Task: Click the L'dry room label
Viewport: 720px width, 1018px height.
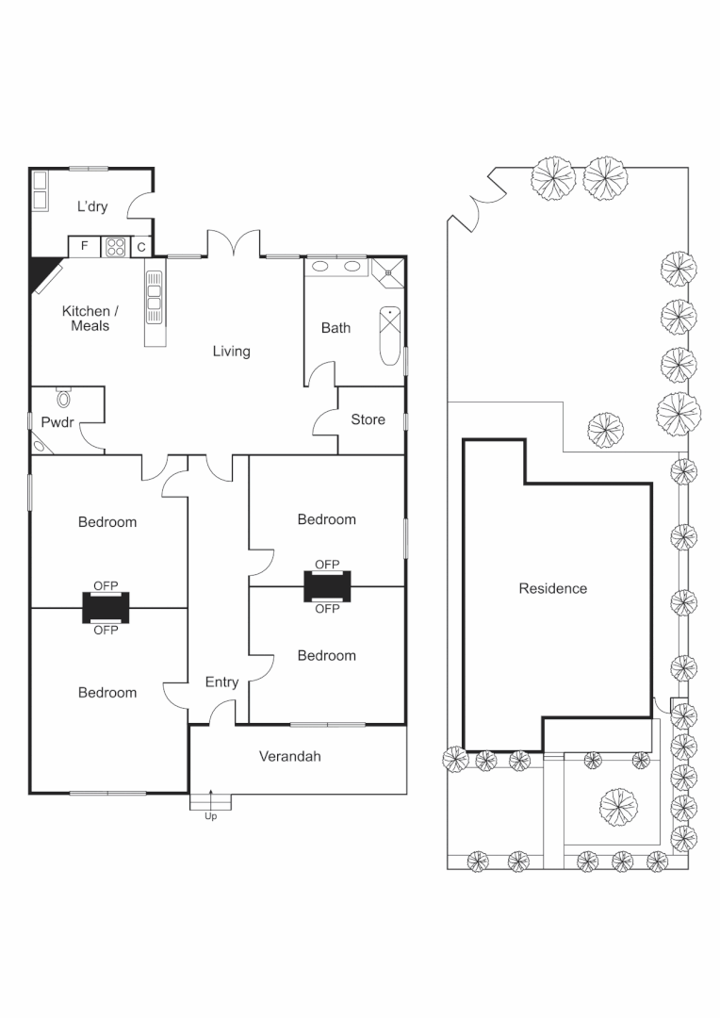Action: click(x=91, y=206)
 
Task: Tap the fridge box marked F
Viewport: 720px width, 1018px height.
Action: click(x=85, y=247)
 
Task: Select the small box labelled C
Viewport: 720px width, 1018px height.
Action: click(x=140, y=248)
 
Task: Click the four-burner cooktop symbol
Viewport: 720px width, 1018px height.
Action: click(x=116, y=247)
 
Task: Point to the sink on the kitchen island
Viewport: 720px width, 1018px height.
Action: click(x=154, y=298)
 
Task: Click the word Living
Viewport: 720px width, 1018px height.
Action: click(x=231, y=352)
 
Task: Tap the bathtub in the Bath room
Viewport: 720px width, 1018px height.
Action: click(x=388, y=336)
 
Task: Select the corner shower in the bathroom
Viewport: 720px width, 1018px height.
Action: click(x=387, y=272)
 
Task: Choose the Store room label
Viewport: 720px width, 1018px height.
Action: click(x=368, y=419)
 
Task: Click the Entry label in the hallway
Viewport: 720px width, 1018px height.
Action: click(x=221, y=682)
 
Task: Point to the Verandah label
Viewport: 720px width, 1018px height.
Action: click(x=290, y=756)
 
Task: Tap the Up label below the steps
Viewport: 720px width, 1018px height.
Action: click(x=210, y=816)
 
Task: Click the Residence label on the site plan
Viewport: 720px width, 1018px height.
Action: click(x=552, y=589)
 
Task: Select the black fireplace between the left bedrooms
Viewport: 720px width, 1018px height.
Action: click(x=106, y=608)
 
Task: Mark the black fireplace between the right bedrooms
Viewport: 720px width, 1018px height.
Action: click(x=327, y=586)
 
